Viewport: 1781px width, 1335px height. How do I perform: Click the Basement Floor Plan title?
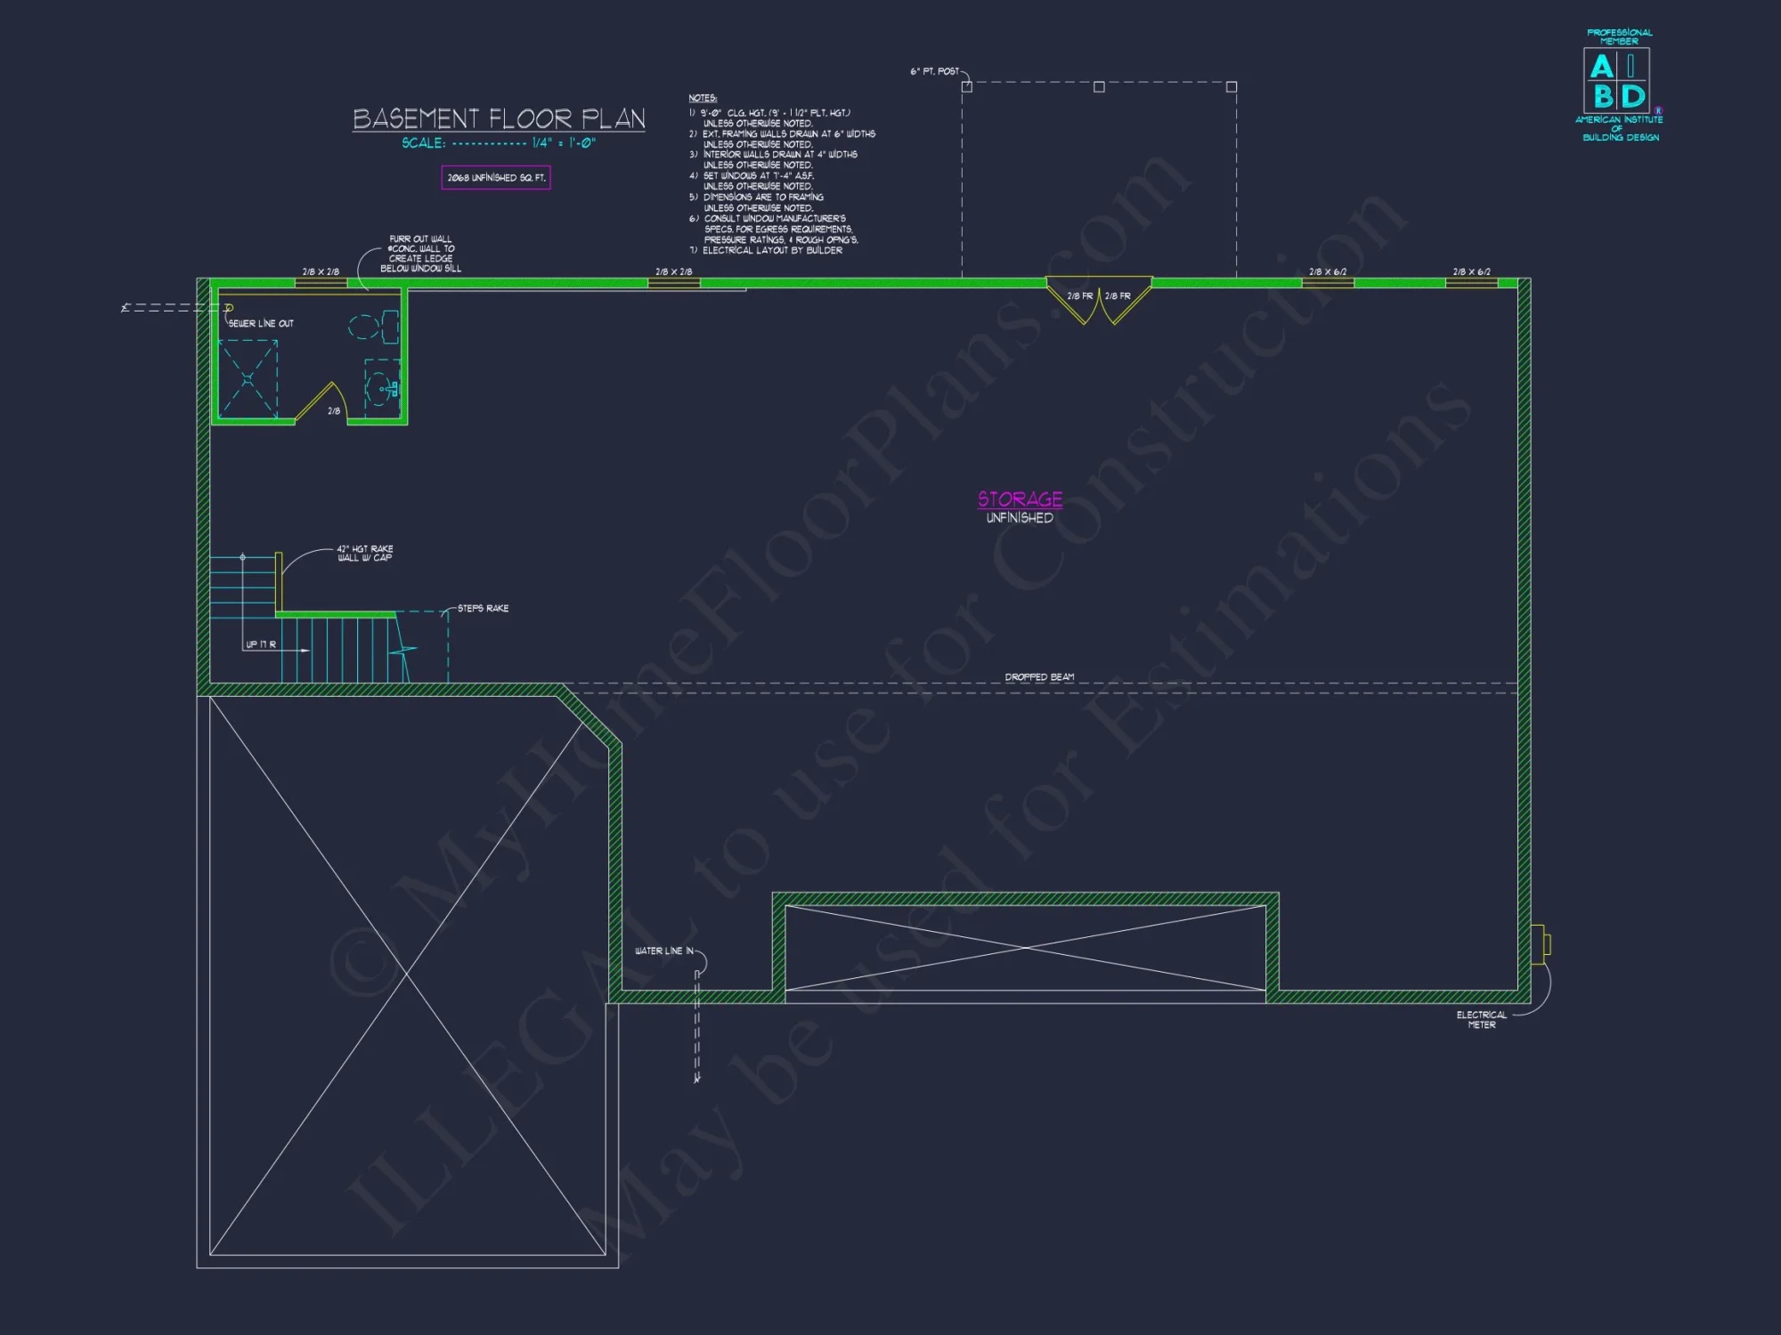pyautogui.click(x=499, y=118)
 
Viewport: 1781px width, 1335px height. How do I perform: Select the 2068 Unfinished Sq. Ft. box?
pyautogui.click(x=496, y=178)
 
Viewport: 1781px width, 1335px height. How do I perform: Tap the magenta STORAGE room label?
pyautogui.click(x=1020, y=499)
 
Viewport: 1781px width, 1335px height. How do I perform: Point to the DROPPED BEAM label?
pyautogui.click(x=1039, y=677)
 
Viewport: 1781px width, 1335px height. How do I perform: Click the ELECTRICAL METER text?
pyautogui.click(x=1481, y=1020)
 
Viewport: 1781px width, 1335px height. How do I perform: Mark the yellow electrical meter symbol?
pyautogui.click(x=1540, y=944)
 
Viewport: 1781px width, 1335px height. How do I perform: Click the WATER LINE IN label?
pyautogui.click(x=663, y=951)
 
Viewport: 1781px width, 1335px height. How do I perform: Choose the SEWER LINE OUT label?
pyautogui.click(x=261, y=324)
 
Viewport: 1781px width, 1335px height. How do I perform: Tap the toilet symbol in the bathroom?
pyautogui.click(x=373, y=327)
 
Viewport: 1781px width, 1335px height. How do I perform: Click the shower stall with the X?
pyautogui.click(x=248, y=379)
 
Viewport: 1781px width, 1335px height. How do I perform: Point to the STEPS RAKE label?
pyautogui.click(x=483, y=609)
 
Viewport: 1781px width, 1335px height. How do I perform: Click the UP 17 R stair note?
pyautogui.click(x=261, y=644)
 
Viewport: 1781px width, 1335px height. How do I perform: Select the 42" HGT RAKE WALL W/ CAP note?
pyautogui.click(x=365, y=554)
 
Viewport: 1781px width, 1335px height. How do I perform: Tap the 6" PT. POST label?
pyautogui.click(x=934, y=71)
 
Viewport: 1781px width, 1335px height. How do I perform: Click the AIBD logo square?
pyautogui.click(x=1616, y=79)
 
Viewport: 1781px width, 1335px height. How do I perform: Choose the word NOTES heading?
pyautogui.click(x=703, y=98)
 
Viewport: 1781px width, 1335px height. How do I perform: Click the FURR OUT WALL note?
pyautogui.click(x=420, y=254)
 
